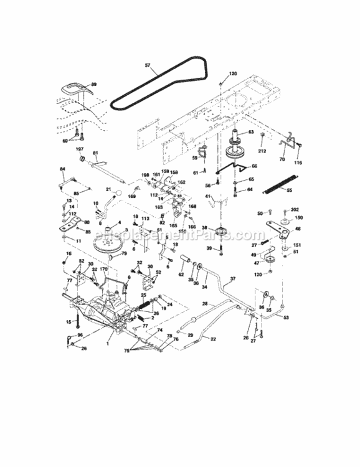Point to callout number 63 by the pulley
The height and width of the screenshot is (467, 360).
click(x=251, y=132)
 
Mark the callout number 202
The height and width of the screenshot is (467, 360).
click(x=295, y=209)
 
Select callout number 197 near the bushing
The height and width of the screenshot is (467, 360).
click(x=80, y=149)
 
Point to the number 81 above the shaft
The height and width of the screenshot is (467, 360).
click(x=96, y=153)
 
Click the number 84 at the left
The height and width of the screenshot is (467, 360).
click(x=62, y=169)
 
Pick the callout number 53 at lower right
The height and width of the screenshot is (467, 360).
click(x=287, y=318)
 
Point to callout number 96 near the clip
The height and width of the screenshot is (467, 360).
click(x=79, y=336)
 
